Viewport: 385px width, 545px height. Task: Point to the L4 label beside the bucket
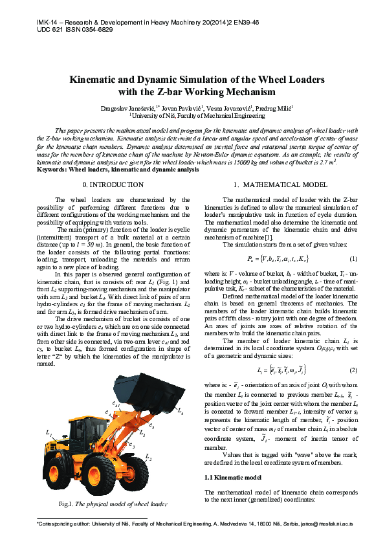[x=180, y=412]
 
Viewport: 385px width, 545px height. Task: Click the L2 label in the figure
[x=148, y=458]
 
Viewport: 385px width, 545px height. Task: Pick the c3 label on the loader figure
[x=131, y=445]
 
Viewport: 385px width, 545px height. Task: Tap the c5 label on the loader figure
[x=151, y=425]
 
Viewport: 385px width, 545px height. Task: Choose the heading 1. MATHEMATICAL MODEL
[x=272, y=185]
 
